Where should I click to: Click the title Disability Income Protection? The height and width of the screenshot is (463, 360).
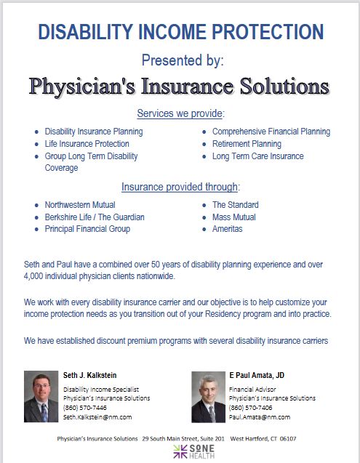pos(180,32)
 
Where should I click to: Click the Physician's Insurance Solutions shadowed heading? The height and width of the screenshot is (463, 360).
pos(180,86)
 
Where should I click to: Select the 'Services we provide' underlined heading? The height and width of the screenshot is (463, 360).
pos(180,113)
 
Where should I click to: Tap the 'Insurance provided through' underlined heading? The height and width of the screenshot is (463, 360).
pos(180,187)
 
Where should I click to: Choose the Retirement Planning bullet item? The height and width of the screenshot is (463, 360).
pos(247,144)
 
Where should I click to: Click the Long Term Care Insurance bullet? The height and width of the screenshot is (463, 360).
pos(257,156)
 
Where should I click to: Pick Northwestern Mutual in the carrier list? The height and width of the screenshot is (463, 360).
pos(80,205)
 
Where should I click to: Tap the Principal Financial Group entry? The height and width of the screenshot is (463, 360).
pos(87,229)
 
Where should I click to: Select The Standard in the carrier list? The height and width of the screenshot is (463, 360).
pos(235,205)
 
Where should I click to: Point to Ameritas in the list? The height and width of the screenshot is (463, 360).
pos(228,229)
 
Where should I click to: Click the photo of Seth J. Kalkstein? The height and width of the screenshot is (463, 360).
pos(41,396)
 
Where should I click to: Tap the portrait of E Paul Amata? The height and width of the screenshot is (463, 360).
pos(209,396)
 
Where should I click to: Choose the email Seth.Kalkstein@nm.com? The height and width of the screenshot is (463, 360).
pos(97,417)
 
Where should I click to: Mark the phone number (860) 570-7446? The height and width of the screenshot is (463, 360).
pos(84,408)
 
